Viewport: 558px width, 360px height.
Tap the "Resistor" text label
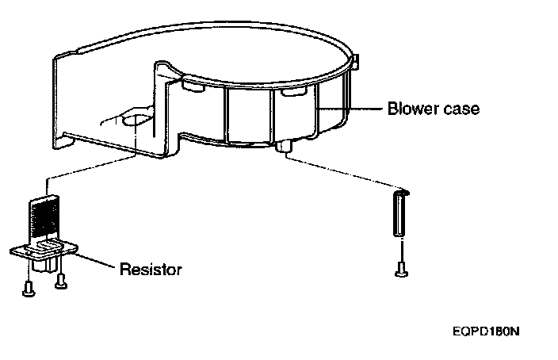pos(151,270)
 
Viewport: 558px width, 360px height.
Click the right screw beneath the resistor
pos(59,281)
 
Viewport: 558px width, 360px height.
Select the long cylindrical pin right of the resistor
pos(400,213)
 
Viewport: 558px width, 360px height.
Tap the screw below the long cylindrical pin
pos(400,270)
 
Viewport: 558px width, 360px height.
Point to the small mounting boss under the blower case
pos(285,147)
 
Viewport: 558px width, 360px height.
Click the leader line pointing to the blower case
pos(349,108)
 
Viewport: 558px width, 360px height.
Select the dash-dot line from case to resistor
pos(87,169)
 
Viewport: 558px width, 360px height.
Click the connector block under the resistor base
pos(53,262)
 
